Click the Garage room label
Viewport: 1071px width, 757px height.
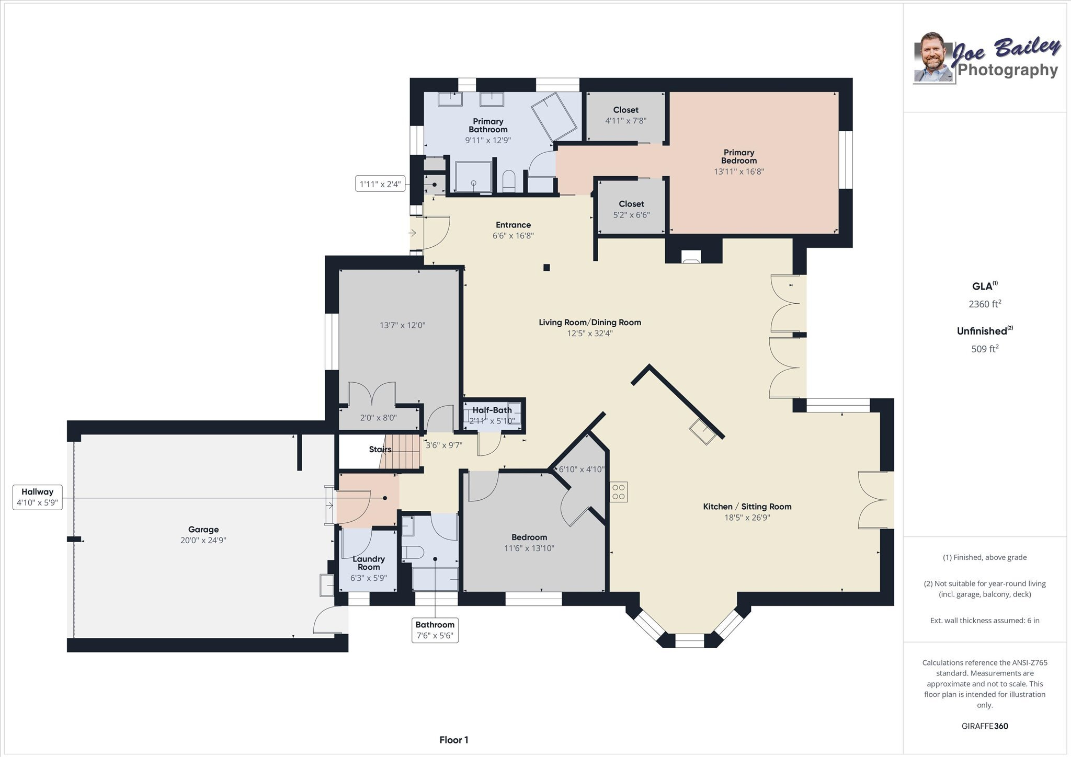[x=203, y=530]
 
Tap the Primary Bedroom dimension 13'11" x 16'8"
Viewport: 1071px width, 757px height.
[x=738, y=171]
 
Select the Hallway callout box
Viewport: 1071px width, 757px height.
[x=37, y=497]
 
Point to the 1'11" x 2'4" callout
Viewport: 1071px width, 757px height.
[x=380, y=184]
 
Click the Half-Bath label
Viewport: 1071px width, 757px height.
[x=492, y=410]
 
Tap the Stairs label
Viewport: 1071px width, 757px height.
[x=380, y=450]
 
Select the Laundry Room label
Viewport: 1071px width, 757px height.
[x=369, y=563]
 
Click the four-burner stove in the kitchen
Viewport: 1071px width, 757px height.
[x=619, y=492]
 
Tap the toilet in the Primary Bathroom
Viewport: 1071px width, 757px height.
[x=509, y=181]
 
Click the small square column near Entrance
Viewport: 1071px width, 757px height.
[x=546, y=268]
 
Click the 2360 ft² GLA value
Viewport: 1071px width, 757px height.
[x=985, y=304]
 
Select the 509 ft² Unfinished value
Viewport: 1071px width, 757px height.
[x=985, y=349]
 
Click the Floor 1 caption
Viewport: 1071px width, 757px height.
[x=453, y=740]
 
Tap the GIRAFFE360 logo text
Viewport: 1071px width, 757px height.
[x=985, y=726]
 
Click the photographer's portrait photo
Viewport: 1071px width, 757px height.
[x=932, y=58]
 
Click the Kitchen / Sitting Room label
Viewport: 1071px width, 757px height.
[x=747, y=507]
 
